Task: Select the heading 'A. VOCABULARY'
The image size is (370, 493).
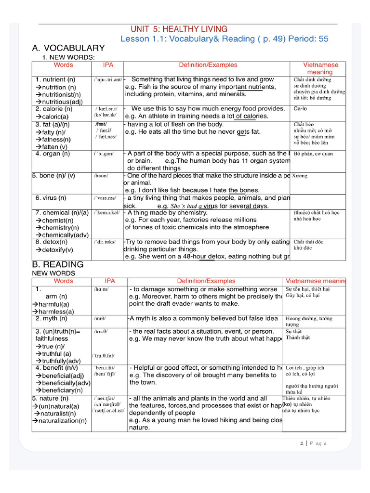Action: tap(68, 48)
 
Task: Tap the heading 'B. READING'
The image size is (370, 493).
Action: tap(58, 264)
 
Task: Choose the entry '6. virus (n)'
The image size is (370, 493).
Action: tap(51, 198)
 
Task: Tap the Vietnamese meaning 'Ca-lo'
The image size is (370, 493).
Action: tap(301, 109)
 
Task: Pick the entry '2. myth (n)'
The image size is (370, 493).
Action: tap(52, 318)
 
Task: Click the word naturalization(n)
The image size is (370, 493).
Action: tap(63, 420)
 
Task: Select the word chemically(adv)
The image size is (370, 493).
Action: tap(62, 234)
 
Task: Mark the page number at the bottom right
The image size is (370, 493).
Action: tap(314, 443)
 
